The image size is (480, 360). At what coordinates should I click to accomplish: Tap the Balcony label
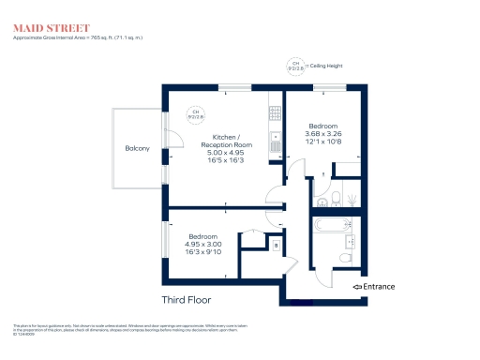(x=137, y=149)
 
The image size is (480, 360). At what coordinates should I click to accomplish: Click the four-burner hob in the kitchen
(x=276, y=113)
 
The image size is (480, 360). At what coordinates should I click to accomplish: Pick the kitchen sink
(x=276, y=142)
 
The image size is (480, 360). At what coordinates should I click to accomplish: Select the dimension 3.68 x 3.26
(x=323, y=133)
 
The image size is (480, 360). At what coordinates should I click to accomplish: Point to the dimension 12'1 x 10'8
(x=323, y=142)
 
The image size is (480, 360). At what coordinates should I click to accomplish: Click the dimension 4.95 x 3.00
(x=203, y=244)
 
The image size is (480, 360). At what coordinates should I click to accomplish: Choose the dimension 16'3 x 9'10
(x=203, y=252)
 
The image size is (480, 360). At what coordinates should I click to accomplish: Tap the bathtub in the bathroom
(x=330, y=226)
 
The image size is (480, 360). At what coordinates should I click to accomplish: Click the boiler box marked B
(x=275, y=246)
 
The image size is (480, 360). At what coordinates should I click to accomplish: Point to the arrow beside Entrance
(x=357, y=286)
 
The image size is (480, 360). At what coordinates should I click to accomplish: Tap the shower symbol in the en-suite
(x=351, y=199)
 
